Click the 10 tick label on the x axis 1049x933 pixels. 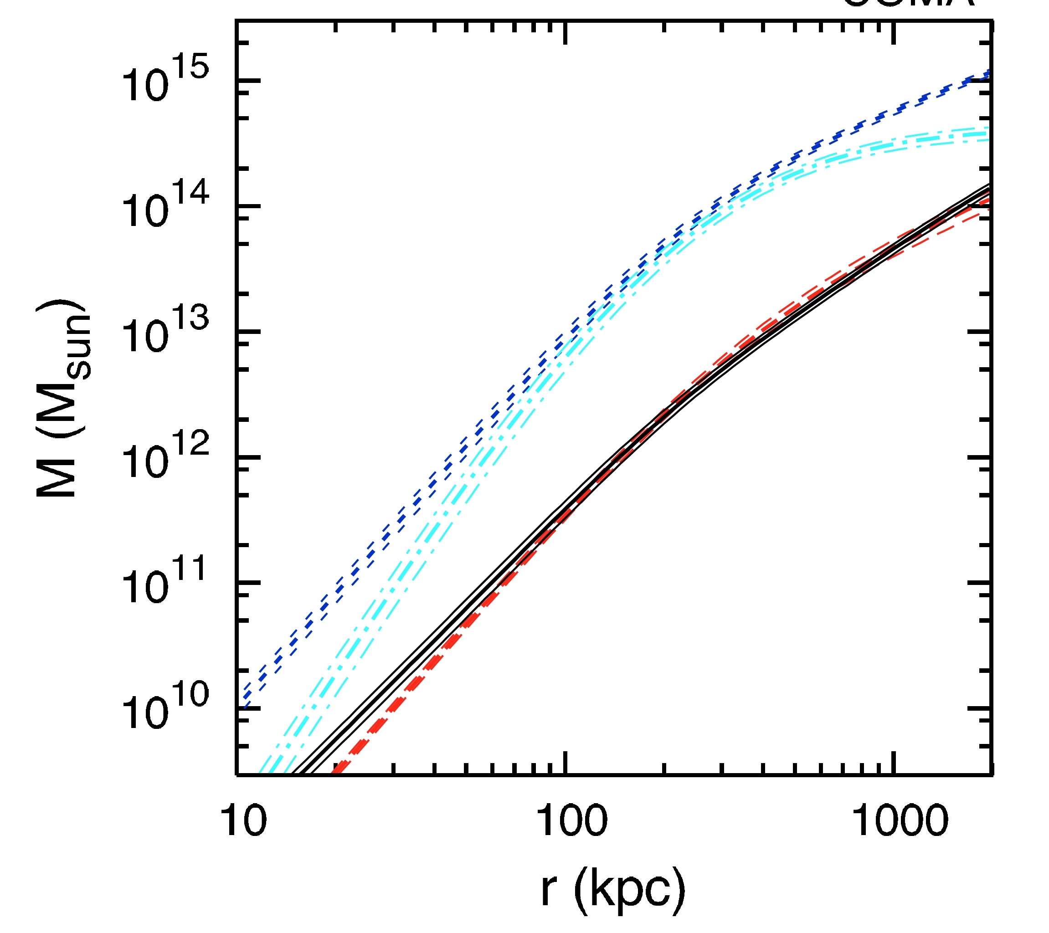coord(243,820)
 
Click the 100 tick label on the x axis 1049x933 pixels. coord(571,820)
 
